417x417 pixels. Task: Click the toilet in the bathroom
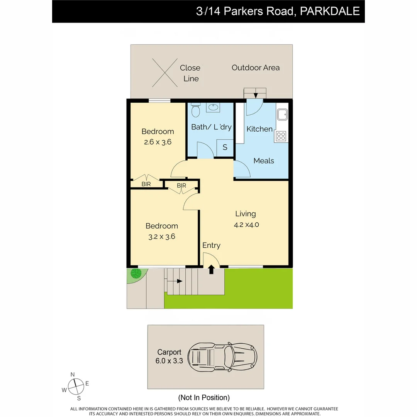pos(195,110)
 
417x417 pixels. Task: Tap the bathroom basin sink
pos(213,107)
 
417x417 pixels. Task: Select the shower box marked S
pos(225,147)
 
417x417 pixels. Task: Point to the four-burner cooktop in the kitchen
pos(281,136)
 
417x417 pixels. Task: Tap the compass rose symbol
pos(76,386)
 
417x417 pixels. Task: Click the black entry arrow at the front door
pos(211,269)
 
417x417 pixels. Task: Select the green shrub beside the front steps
pos(136,274)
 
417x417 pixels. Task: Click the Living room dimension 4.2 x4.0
pos(246,224)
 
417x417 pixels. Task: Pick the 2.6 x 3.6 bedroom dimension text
pos(158,142)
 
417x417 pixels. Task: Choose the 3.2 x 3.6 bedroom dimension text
pos(162,236)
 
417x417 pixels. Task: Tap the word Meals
pos(264,161)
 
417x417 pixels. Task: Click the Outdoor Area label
pos(256,68)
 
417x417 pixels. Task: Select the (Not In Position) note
pos(204,397)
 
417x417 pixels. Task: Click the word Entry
pos(211,245)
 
